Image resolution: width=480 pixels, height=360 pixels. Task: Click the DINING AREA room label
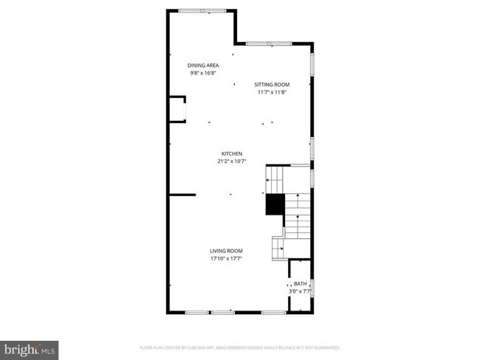point(203,65)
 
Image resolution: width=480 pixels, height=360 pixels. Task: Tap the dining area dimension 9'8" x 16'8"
point(203,73)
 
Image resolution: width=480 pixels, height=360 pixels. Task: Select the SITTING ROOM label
point(272,84)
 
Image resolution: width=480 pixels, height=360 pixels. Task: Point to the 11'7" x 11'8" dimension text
point(272,92)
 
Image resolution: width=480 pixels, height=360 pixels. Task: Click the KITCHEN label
point(231,153)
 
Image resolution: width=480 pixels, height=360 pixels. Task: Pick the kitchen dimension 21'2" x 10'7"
point(231,162)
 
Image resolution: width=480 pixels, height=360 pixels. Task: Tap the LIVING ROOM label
point(226,251)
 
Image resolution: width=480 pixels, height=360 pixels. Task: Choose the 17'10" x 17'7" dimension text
point(226,259)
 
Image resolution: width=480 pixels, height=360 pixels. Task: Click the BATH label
point(300,283)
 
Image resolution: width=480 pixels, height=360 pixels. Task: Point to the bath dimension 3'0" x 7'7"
point(300,291)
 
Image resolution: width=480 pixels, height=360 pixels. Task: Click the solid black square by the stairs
point(275,204)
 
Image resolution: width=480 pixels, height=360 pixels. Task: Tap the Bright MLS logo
point(30,348)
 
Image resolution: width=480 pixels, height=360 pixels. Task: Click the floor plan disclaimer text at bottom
point(240,347)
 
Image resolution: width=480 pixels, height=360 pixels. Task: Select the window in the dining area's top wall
point(202,10)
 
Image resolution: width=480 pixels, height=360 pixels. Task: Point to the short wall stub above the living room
point(182,195)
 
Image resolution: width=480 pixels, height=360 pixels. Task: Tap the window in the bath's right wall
point(313,288)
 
